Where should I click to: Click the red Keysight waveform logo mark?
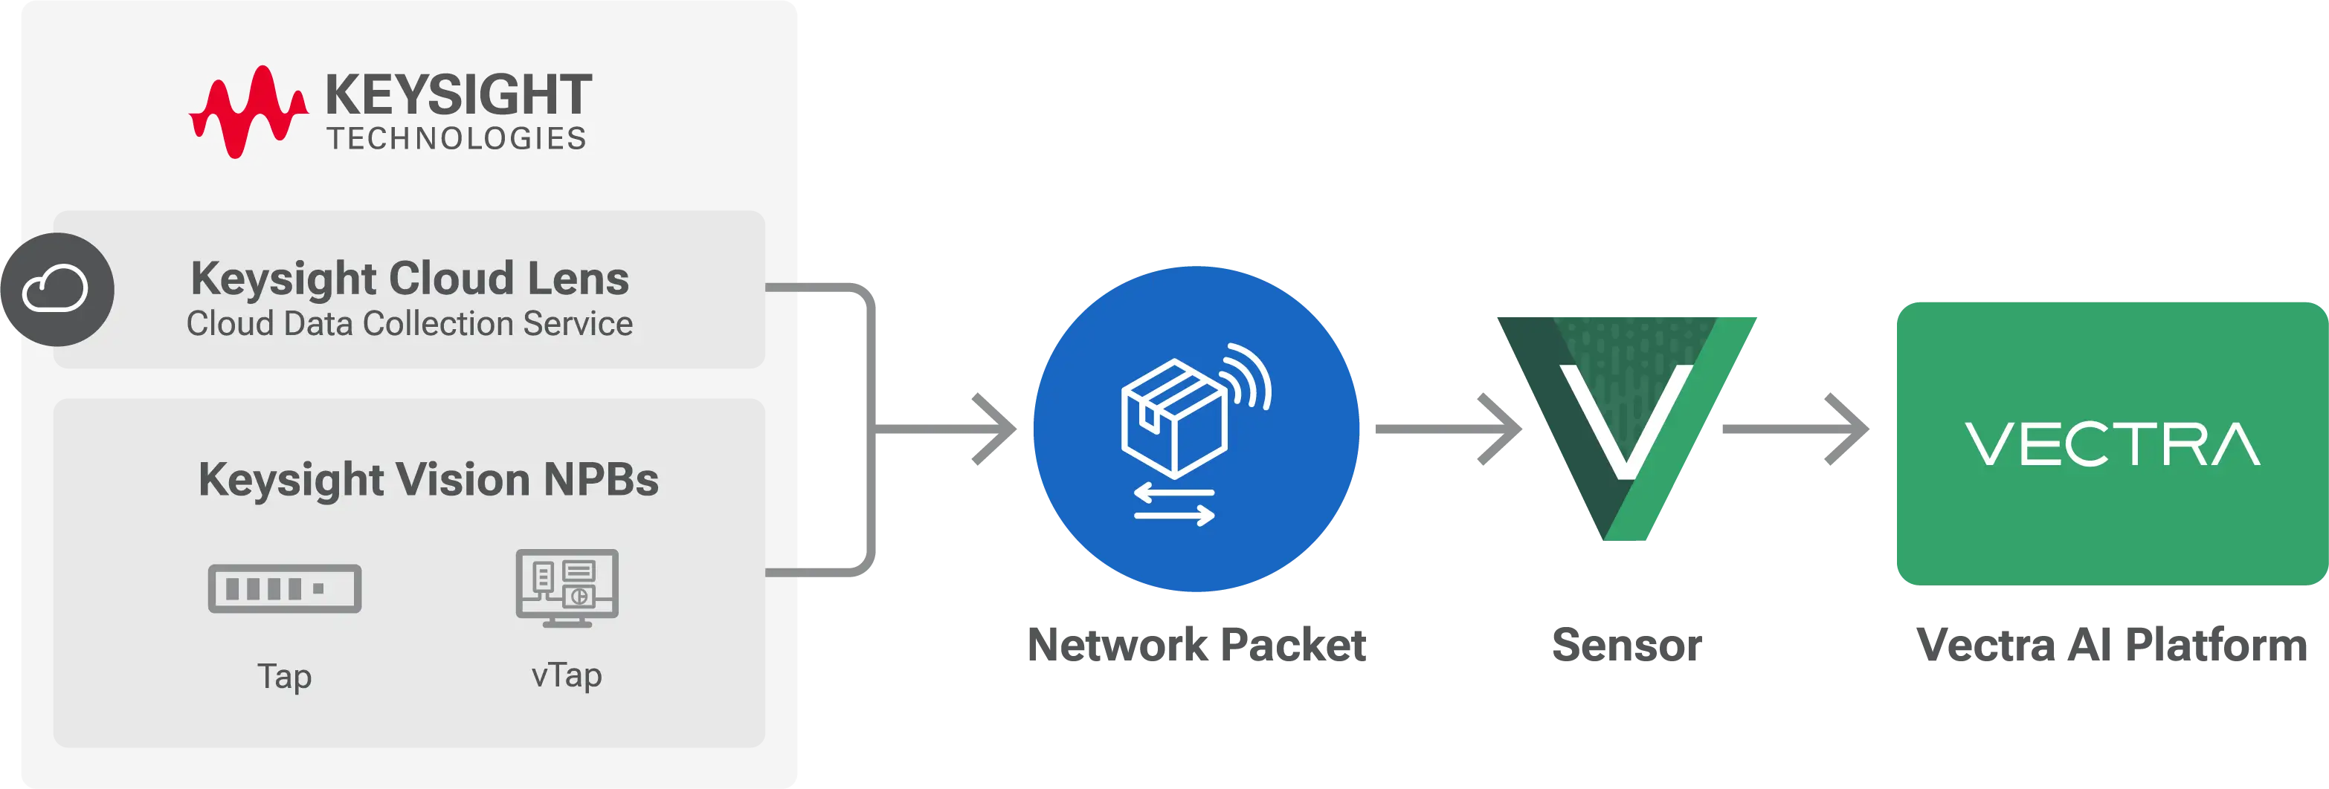pos(246,112)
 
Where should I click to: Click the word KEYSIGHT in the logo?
pos(457,95)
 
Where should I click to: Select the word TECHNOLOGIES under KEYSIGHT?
pos(457,138)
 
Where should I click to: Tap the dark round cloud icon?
pos(56,289)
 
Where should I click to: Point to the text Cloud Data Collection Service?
pos(410,324)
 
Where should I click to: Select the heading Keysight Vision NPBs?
pos(428,479)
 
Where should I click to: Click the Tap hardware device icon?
pos(285,588)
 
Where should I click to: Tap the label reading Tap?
pos(285,676)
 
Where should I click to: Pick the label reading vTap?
pos(567,675)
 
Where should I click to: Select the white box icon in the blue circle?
pos(1174,418)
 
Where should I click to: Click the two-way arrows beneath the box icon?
pos(1174,504)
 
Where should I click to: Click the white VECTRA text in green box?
pos(2112,445)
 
